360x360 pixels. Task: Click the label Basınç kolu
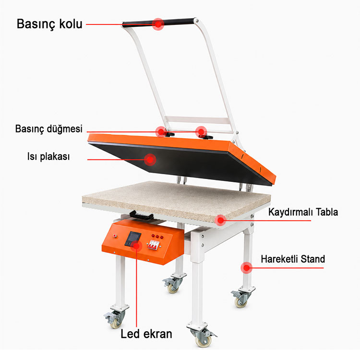click(x=49, y=24)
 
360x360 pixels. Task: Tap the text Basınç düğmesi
click(x=48, y=129)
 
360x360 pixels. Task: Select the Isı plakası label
click(x=48, y=156)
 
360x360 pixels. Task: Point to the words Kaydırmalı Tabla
click(x=303, y=212)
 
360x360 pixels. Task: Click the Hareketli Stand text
click(x=293, y=259)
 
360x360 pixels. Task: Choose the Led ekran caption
click(x=146, y=334)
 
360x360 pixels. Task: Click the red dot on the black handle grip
click(x=158, y=24)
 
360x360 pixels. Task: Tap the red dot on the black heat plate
click(x=150, y=159)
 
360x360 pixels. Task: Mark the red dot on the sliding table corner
click(x=220, y=220)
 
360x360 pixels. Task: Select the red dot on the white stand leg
click(x=246, y=268)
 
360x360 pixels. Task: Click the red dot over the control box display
click(x=136, y=246)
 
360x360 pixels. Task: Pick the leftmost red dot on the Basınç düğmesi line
click(x=161, y=132)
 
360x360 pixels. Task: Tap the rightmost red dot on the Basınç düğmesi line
click(x=201, y=132)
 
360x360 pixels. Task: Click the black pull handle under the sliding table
click(x=142, y=216)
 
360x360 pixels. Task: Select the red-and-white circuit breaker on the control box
click(x=154, y=244)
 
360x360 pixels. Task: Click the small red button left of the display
click(x=115, y=236)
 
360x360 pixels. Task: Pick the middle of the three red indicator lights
click(x=157, y=237)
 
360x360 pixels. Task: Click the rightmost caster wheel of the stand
click(x=241, y=299)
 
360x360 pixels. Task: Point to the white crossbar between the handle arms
click(x=197, y=120)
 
